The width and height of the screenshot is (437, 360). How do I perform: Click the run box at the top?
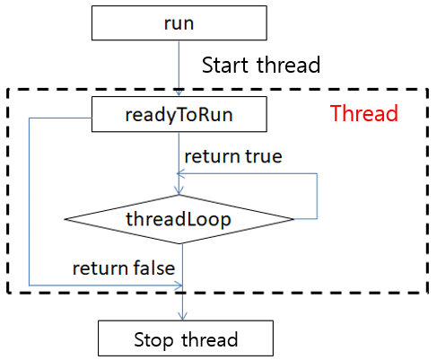pyautogui.click(x=179, y=23)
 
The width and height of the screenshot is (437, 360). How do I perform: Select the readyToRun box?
pyautogui.click(x=179, y=114)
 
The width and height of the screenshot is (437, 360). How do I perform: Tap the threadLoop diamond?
pyautogui.click(x=179, y=219)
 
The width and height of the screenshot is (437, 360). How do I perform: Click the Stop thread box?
pyautogui.click(x=186, y=338)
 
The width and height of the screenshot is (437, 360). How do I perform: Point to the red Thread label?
pyautogui.click(x=364, y=113)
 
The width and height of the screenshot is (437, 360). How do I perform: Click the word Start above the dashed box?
pyautogui.click(x=225, y=65)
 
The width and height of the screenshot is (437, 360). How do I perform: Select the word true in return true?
pyautogui.click(x=264, y=156)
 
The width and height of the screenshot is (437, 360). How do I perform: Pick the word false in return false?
pyautogui.click(x=153, y=268)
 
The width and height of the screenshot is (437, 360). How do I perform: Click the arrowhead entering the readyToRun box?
pyautogui.click(x=179, y=92)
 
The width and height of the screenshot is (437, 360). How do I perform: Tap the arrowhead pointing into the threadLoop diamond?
pyautogui.click(x=179, y=190)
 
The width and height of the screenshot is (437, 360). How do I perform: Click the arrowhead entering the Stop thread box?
pyautogui.click(x=182, y=316)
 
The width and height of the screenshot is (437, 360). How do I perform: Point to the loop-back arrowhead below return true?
pyautogui.click(x=180, y=173)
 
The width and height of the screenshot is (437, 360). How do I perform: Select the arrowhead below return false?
pyautogui.click(x=179, y=285)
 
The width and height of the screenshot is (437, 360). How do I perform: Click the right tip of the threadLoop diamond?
pyautogui.click(x=294, y=219)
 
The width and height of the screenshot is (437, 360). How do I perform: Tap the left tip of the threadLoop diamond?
pyautogui.click(x=65, y=219)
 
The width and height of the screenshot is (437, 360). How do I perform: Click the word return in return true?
pyautogui.click(x=212, y=156)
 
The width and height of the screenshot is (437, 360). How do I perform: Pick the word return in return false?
pyautogui.click(x=101, y=268)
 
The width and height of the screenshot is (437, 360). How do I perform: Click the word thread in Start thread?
pyautogui.click(x=289, y=65)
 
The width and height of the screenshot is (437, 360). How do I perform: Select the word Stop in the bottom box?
pyautogui.click(x=153, y=340)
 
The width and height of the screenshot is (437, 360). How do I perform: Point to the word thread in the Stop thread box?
pyautogui.click(x=210, y=339)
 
